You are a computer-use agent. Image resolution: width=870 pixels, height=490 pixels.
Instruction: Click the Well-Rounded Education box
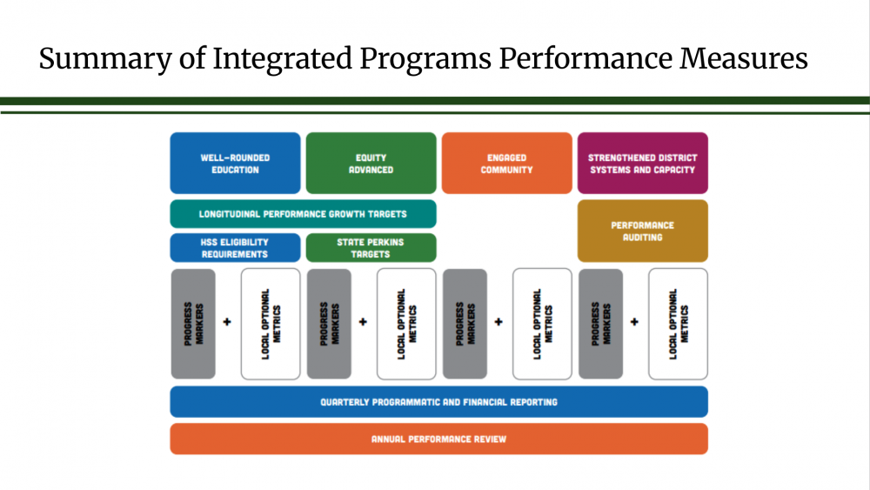(x=235, y=163)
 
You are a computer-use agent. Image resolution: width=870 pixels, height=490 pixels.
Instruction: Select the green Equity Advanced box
(x=371, y=163)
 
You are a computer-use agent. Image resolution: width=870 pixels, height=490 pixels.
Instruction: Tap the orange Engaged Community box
(x=506, y=163)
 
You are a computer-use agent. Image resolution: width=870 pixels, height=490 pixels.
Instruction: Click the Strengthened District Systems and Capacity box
(x=643, y=163)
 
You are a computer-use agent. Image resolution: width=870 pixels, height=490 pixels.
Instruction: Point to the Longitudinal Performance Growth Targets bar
(x=303, y=213)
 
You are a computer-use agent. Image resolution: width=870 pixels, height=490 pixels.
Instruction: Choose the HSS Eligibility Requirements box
(x=235, y=247)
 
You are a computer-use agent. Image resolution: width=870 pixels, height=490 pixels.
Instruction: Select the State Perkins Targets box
(x=371, y=247)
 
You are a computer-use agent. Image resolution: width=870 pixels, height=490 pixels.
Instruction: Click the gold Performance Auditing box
(x=643, y=231)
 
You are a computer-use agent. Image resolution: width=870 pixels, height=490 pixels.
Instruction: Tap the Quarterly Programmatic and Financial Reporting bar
(x=438, y=402)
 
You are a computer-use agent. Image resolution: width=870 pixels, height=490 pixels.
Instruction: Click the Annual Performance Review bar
(x=438, y=439)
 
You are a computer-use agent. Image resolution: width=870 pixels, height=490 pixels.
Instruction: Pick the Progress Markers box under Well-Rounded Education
(x=193, y=324)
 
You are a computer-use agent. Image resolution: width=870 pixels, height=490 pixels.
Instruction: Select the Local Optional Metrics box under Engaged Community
(x=542, y=324)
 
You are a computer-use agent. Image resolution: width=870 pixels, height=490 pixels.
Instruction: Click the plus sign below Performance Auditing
(x=635, y=322)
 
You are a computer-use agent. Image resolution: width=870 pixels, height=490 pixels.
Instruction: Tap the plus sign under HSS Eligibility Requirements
(x=227, y=322)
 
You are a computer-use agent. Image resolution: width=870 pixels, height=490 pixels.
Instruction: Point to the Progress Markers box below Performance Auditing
(x=601, y=324)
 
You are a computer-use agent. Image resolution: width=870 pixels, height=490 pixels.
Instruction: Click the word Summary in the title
(x=105, y=59)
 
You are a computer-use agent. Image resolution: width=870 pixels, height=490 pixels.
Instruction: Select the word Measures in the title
(x=744, y=58)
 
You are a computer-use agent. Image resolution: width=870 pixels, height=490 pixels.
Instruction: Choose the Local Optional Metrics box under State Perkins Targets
(x=406, y=324)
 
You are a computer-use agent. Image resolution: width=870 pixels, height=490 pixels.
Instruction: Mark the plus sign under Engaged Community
(x=499, y=322)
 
